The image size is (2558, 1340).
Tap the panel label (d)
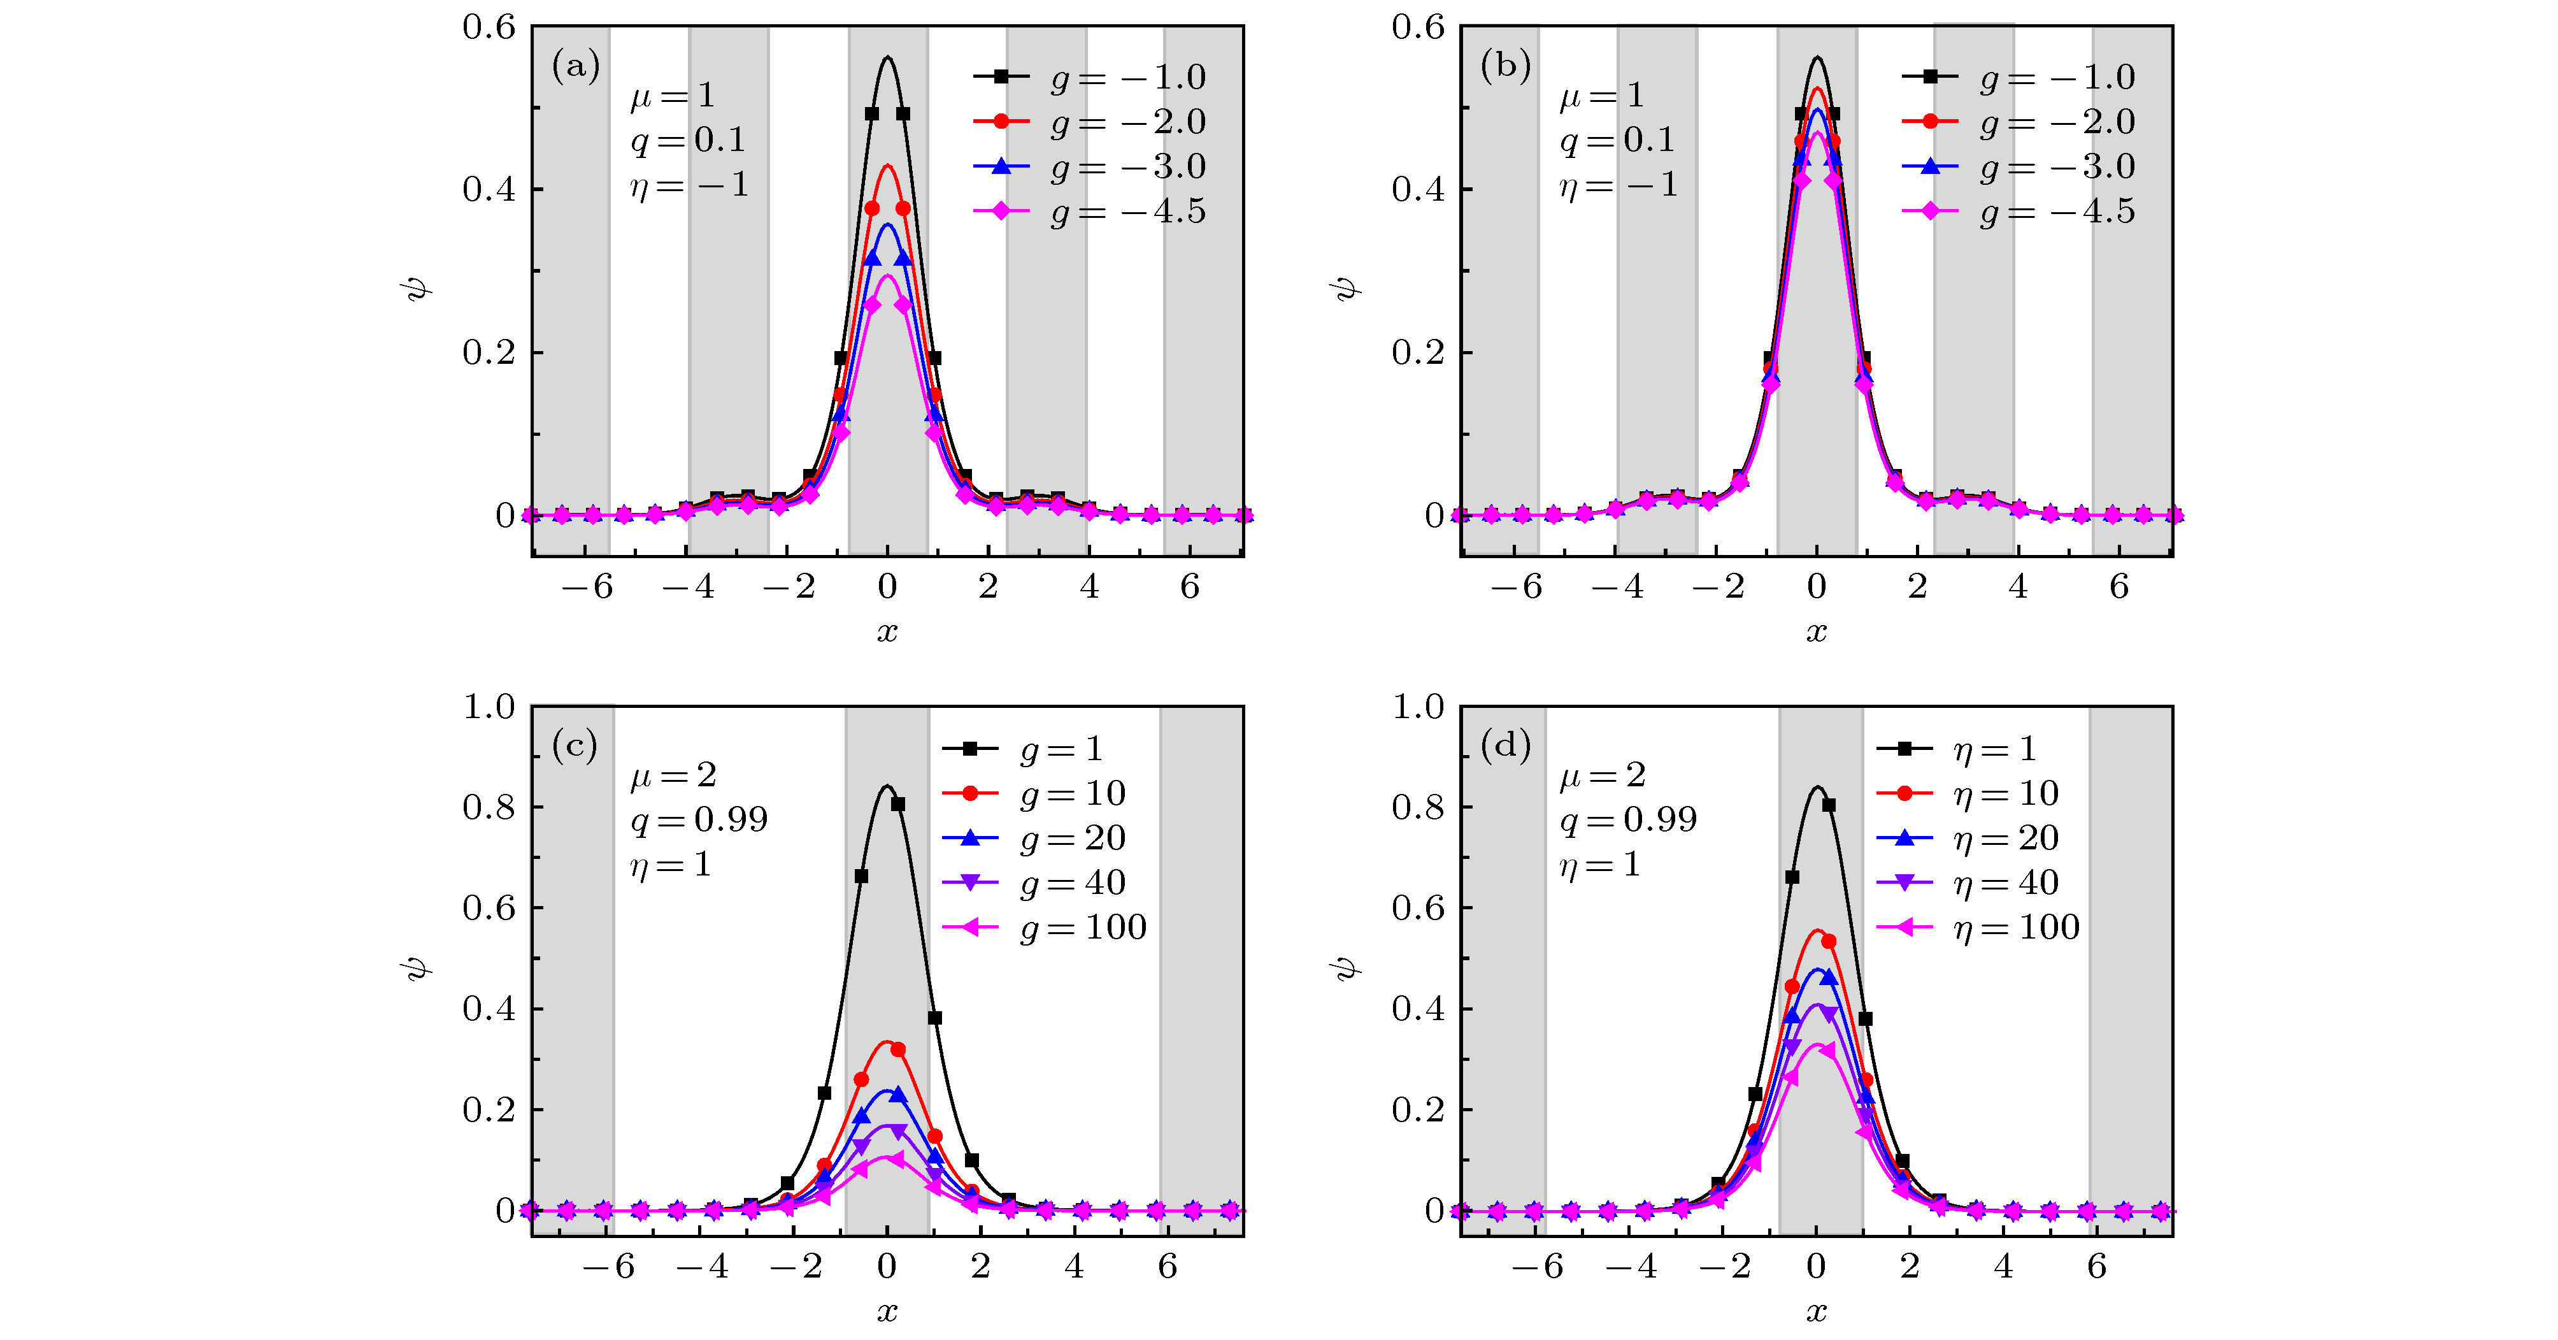pyautogui.click(x=1505, y=745)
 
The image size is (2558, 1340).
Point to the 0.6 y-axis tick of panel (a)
pyautogui.click(x=490, y=27)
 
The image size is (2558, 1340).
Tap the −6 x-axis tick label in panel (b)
pyautogui.click(x=1517, y=587)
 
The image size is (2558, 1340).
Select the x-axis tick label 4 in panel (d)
pyautogui.click(x=2004, y=1267)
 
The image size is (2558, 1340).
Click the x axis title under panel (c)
pyautogui.click(x=887, y=1312)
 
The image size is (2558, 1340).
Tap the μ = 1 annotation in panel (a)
pyautogui.click(x=672, y=96)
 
